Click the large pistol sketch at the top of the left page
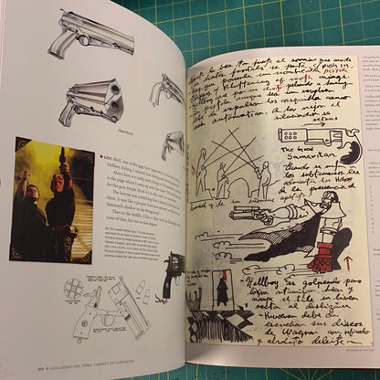(x=96, y=35)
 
